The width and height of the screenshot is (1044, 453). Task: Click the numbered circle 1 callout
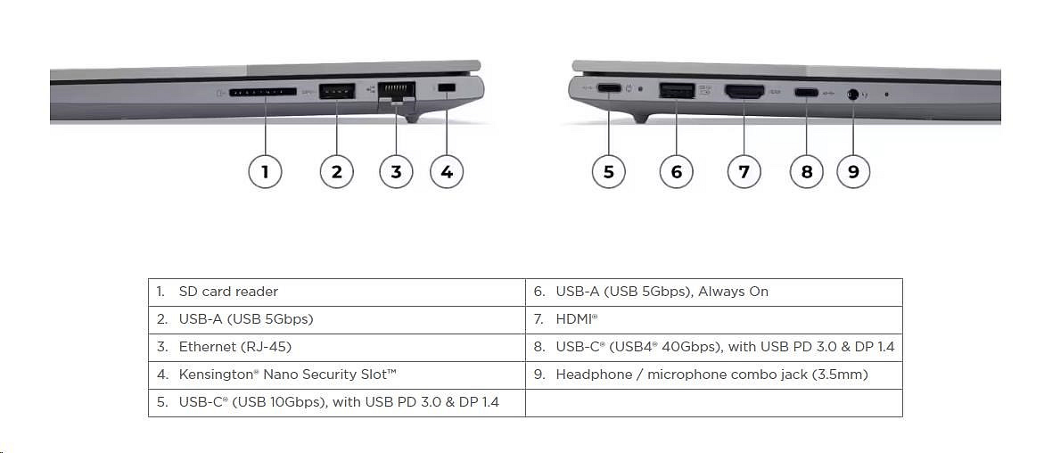[x=265, y=172]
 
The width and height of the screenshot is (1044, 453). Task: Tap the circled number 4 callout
[x=447, y=172]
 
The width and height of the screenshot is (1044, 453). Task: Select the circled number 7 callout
[x=744, y=172]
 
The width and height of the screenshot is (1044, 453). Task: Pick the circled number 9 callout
[x=853, y=172]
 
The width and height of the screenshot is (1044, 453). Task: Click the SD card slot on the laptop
[x=263, y=93]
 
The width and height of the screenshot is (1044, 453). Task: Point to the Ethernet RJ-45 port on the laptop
[x=396, y=91]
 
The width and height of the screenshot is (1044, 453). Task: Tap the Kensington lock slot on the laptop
[x=447, y=88]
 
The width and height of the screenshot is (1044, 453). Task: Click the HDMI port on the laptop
[x=744, y=91]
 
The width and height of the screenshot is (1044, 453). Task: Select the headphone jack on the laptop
[x=853, y=95]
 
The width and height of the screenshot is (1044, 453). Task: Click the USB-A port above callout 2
[x=336, y=91]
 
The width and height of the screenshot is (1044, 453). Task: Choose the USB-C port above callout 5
[x=609, y=88]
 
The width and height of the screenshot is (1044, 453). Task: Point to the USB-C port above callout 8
[x=806, y=92]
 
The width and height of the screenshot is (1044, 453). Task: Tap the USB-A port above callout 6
[x=677, y=90]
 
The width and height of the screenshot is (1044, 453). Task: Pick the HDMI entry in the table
[x=577, y=320]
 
